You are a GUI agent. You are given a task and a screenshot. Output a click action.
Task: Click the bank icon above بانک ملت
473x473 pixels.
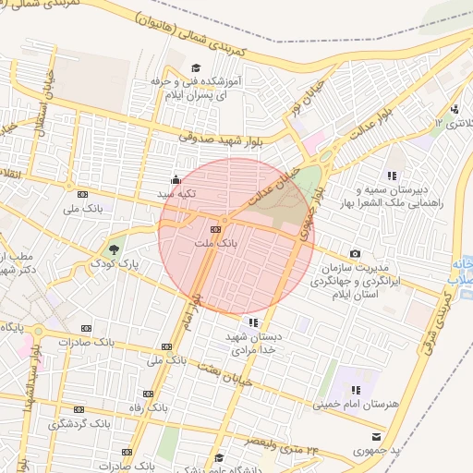click(x=215, y=229)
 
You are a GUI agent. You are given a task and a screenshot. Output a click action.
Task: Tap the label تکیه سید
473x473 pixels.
click(x=176, y=195)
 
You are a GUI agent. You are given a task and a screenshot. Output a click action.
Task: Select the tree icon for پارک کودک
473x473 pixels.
click(x=114, y=249)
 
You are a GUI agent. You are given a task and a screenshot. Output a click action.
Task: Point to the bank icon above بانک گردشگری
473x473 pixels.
click(x=79, y=409)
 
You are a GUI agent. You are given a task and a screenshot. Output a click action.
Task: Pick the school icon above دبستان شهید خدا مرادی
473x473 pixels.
click(x=253, y=322)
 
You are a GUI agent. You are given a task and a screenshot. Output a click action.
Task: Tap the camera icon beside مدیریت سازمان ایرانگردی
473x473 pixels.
click(x=356, y=254)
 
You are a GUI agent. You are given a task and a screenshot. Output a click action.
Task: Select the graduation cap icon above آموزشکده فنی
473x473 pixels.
click(x=195, y=68)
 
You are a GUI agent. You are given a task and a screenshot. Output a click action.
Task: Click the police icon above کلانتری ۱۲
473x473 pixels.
click(x=454, y=110)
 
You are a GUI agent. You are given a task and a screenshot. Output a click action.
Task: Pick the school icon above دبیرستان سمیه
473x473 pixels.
click(x=392, y=175)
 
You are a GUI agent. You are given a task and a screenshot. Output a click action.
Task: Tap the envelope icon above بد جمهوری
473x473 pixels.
click(x=376, y=435)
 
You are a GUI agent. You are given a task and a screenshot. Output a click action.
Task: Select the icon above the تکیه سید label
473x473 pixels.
click(x=176, y=180)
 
